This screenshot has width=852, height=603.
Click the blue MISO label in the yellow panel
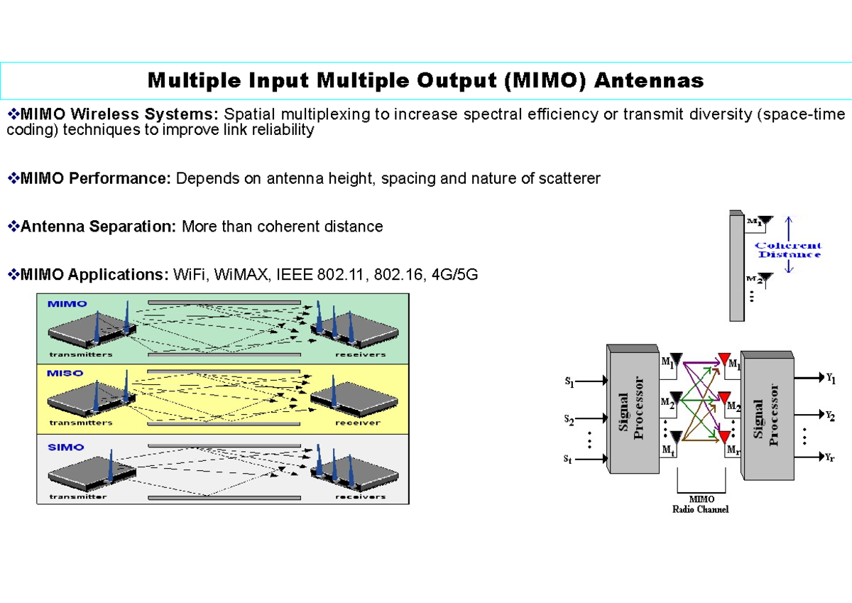[65, 373]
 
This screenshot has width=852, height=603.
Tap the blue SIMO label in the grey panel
[65, 447]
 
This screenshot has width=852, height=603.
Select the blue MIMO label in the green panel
[67, 303]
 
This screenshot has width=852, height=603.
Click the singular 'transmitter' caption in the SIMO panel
[77, 496]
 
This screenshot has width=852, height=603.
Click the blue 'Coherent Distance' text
[789, 250]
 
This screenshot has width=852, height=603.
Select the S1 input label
[569, 382]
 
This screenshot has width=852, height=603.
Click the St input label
[568, 460]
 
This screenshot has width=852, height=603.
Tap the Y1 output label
[831, 379]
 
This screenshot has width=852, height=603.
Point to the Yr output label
[830, 458]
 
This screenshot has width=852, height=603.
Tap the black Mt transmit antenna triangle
[675, 436]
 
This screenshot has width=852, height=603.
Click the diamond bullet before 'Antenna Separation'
[13, 227]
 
